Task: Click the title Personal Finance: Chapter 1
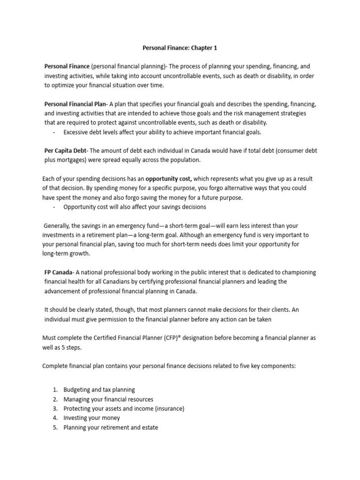(x=180, y=48)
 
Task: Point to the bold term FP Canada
(x=58, y=272)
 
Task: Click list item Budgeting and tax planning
(x=99, y=390)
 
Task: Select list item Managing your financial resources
(x=108, y=399)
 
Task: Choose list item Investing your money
(x=92, y=418)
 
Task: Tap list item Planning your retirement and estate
(x=111, y=427)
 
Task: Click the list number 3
(x=55, y=408)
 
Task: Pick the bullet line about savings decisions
(x=135, y=207)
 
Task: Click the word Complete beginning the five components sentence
(x=55, y=366)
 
